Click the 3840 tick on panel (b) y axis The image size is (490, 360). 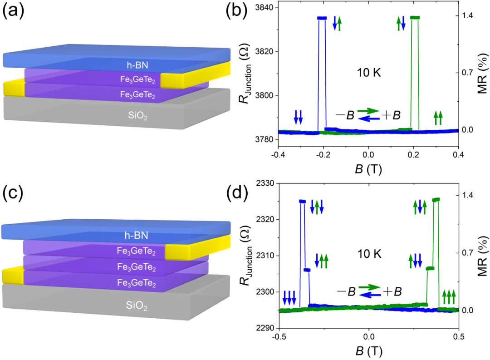pyautogui.click(x=262, y=8)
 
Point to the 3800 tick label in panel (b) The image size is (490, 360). pyautogui.click(x=262, y=95)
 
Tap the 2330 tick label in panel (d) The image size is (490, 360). pyautogui.click(x=262, y=183)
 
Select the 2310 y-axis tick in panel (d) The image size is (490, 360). pyautogui.click(x=262, y=256)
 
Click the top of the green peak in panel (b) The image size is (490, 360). pyautogui.click(x=415, y=18)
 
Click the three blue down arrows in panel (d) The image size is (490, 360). pyautogui.click(x=289, y=298)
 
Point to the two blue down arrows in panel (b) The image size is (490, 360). pyautogui.click(x=298, y=117)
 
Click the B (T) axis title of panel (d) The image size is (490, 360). pyautogui.click(x=369, y=350)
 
